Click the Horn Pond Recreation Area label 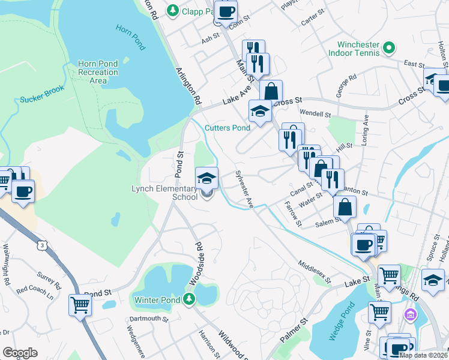98,72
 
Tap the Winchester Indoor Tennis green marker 388,47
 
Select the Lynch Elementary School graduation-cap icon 206,178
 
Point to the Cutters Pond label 227,128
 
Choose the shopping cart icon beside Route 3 80,305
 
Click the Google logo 20,353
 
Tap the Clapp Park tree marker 173,10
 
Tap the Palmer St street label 293,330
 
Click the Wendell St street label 315,113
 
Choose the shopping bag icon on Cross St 271,92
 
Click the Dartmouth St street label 148,319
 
